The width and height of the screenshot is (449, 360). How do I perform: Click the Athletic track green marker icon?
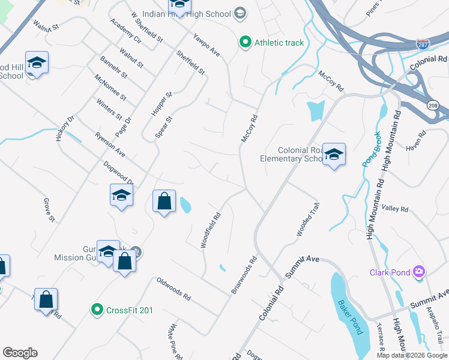(x=245, y=43)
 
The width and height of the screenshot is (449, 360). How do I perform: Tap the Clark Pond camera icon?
(x=419, y=272)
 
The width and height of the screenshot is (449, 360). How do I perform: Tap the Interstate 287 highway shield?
(x=423, y=44)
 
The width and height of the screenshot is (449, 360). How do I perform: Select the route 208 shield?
(x=432, y=104)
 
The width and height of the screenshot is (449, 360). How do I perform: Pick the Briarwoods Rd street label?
(x=244, y=275)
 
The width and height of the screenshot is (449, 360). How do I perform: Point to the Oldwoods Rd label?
(x=173, y=289)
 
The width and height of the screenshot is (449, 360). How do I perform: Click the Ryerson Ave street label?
(x=110, y=145)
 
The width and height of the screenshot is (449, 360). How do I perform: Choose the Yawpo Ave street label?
(x=206, y=45)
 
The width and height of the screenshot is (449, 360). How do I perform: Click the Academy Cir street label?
(x=125, y=31)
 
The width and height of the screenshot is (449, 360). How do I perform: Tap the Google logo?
(x=20, y=353)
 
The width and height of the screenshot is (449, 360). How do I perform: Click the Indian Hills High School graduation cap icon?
(x=240, y=13)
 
